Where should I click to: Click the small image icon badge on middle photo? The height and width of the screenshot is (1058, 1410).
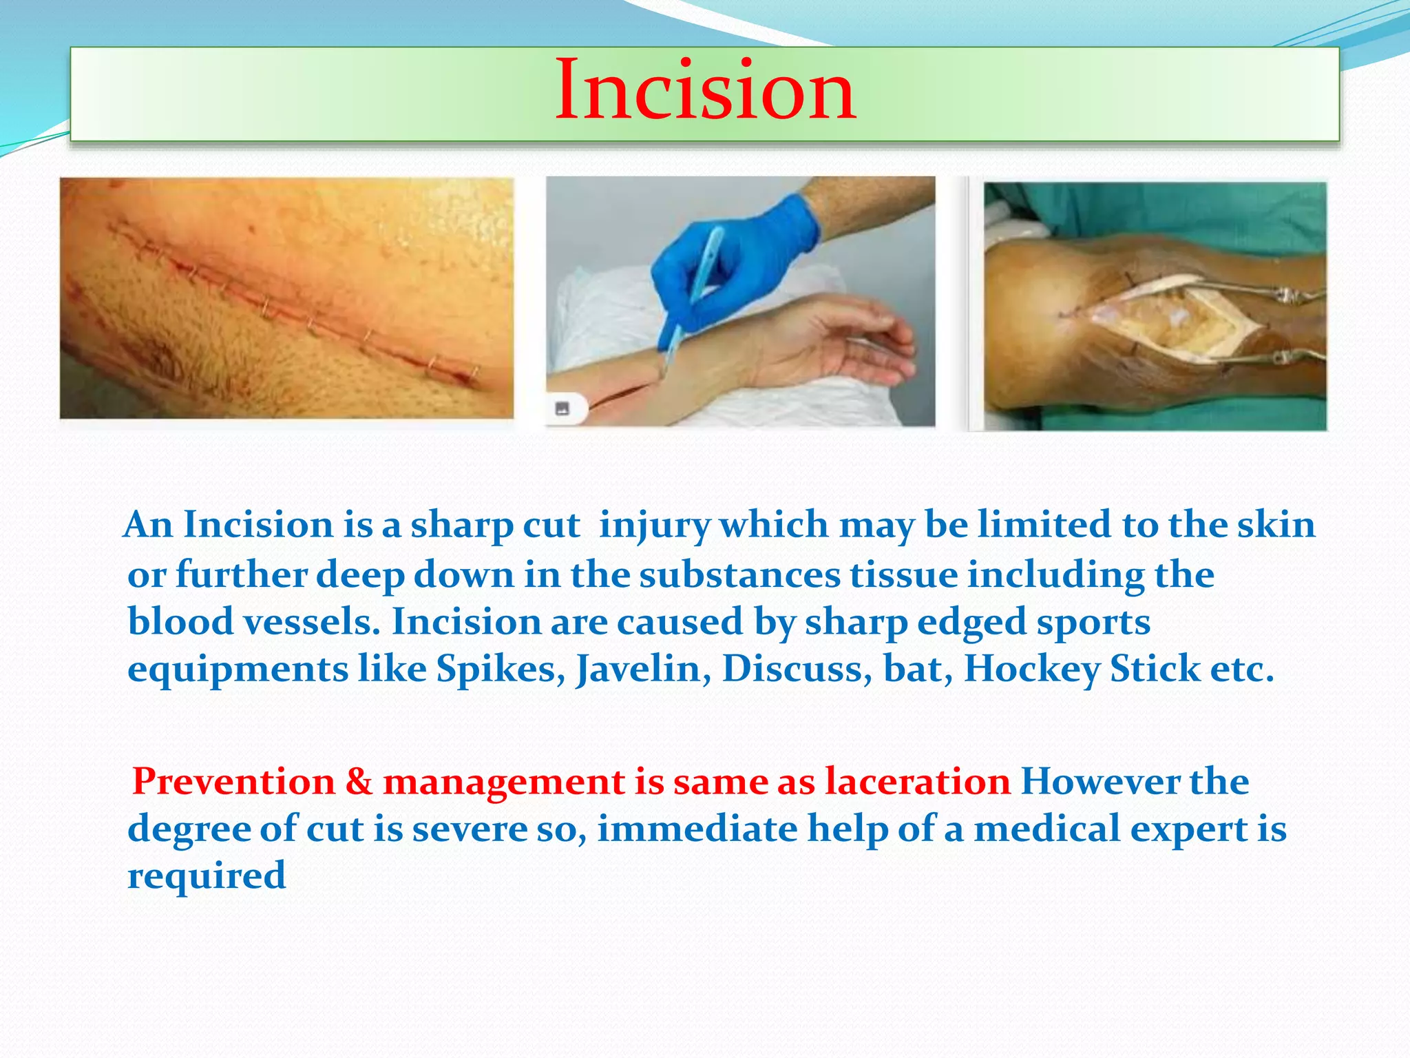point(562,408)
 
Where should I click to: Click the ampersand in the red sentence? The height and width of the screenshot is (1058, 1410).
point(359,782)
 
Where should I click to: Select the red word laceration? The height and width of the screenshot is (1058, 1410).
point(918,782)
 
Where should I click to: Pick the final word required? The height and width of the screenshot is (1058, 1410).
point(207,877)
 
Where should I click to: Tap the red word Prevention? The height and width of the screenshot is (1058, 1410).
point(233,782)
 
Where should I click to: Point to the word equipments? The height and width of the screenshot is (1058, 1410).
point(238,670)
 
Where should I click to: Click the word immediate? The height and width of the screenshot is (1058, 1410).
point(697,829)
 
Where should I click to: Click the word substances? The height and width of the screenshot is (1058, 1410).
point(740,575)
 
